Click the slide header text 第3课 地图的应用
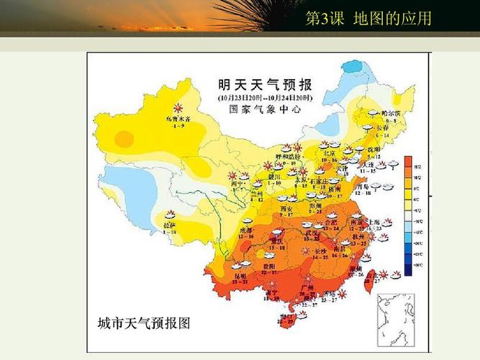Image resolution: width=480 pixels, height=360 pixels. click(368, 19)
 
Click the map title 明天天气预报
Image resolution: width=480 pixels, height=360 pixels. click(269, 84)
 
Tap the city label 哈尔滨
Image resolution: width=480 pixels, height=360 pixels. click(389, 113)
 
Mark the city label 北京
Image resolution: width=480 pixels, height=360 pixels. click(330, 153)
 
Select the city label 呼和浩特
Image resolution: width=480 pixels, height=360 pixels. click(287, 156)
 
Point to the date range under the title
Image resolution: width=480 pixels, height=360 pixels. click(266, 97)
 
